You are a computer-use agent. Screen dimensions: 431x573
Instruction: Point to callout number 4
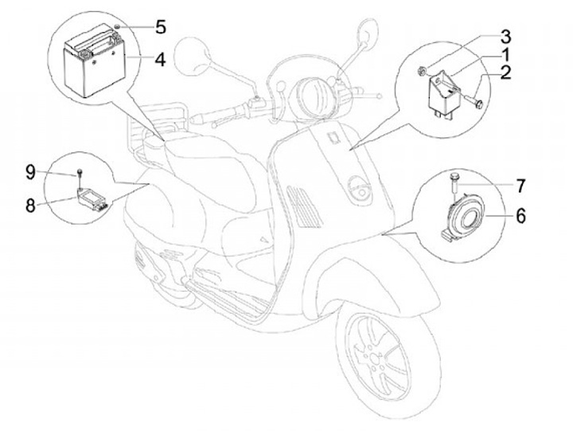[159, 59]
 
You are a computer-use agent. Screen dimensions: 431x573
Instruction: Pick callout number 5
[160, 28]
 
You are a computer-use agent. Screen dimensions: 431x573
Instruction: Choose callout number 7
[520, 186]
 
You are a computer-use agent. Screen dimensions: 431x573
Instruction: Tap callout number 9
[29, 171]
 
